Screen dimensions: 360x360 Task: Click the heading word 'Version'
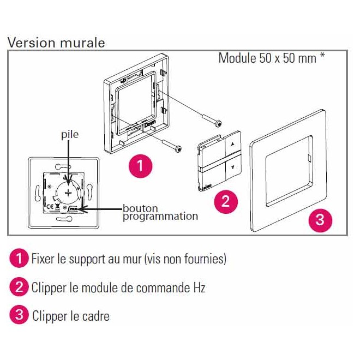(32, 43)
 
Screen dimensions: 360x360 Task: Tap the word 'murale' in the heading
(82, 43)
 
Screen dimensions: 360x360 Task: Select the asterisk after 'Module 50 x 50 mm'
(322, 56)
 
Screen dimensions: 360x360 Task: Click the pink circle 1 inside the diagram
(140, 166)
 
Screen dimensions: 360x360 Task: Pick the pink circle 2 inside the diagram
(226, 202)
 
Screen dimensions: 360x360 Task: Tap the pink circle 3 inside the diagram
(320, 220)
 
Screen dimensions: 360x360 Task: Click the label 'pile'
(70, 135)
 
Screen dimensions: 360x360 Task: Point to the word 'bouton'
(140, 208)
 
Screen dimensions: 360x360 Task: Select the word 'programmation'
(160, 217)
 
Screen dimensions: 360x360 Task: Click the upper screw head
(219, 124)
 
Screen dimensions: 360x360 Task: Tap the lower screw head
(178, 149)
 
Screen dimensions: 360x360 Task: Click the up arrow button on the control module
(232, 144)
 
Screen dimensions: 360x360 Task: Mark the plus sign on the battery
(68, 193)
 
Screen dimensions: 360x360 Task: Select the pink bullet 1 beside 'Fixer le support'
(19, 258)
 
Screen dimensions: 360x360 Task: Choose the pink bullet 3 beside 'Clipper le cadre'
(19, 315)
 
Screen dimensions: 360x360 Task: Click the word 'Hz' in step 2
(199, 288)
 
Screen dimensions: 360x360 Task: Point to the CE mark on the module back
(51, 206)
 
